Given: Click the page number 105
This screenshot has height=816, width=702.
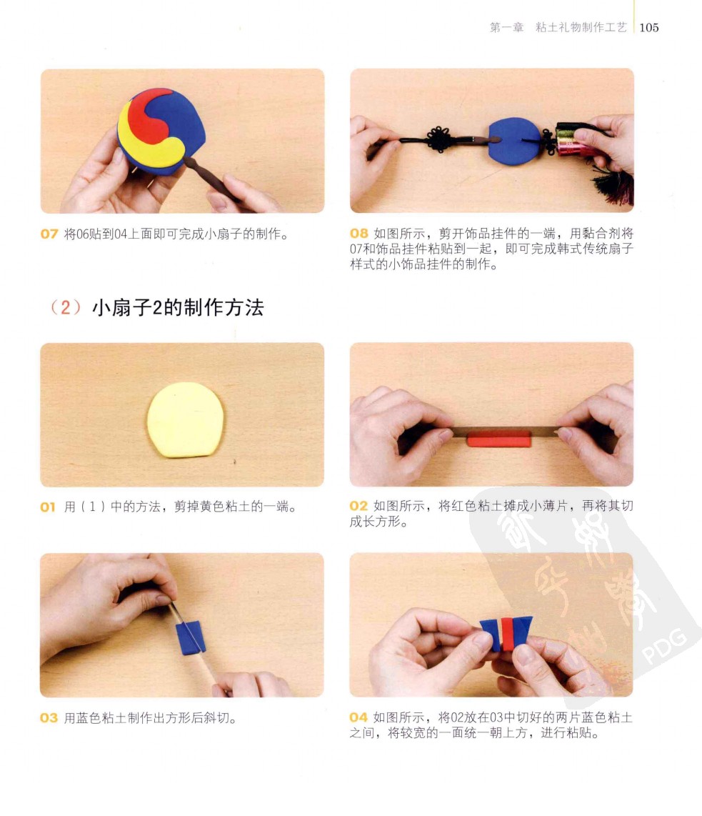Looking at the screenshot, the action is [649, 28].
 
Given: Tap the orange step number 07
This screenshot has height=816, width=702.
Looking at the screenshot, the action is [49, 234].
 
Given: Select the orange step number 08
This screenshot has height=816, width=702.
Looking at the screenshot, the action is [358, 233].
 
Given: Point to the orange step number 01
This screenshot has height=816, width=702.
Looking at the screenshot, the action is [48, 507].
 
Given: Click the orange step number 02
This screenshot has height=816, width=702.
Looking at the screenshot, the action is [358, 506].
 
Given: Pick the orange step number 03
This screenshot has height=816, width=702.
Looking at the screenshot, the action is [49, 718].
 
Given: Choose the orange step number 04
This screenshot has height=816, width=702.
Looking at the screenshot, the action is [358, 717].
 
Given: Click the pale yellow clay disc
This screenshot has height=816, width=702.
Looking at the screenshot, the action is [186, 420].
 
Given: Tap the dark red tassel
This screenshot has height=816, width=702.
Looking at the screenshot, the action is [617, 186].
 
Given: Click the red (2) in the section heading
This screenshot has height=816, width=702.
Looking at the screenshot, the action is [66, 307].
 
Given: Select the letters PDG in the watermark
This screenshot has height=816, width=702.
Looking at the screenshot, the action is [664, 647].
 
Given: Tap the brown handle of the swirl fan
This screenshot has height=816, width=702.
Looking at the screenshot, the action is [211, 180].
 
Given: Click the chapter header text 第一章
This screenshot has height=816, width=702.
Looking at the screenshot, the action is [506, 28].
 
